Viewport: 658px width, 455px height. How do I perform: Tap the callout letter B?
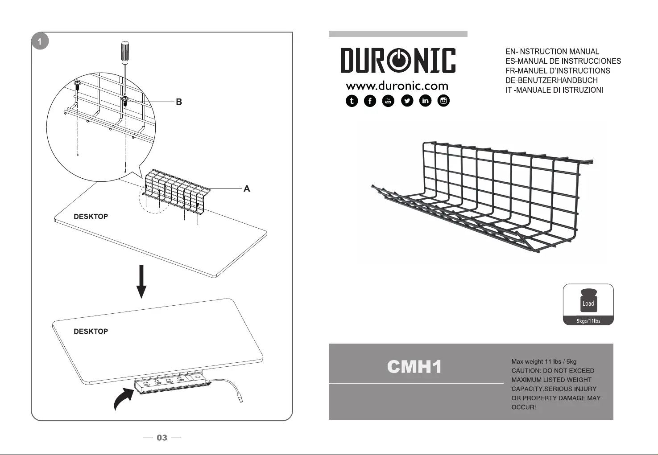[x=179, y=102]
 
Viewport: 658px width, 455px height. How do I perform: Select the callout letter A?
[x=247, y=189]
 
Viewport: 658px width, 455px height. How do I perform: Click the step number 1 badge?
[x=40, y=42]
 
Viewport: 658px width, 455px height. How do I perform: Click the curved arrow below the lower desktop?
[x=123, y=399]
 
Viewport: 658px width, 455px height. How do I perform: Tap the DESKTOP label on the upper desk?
[x=91, y=217]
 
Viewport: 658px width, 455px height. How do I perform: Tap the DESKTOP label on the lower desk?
[x=91, y=332]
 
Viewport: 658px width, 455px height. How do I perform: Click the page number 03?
[x=162, y=438]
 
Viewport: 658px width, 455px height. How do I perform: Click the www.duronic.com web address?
[x=397, y=86]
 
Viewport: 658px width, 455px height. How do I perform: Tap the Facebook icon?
[x=370, y=101]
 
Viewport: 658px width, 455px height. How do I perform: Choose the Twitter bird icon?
[x=407, y=101]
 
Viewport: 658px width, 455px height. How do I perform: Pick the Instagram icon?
[x=444, y=101]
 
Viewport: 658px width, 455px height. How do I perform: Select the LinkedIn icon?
[x=426, y=101]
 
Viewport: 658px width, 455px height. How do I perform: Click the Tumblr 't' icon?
[x=352, y=101]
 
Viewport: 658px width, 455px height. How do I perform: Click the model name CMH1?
[x=414, y=367]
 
